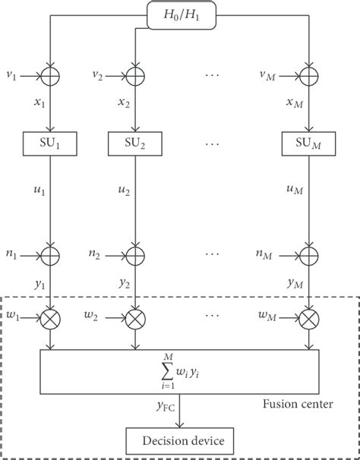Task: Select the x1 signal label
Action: point(40,102)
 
